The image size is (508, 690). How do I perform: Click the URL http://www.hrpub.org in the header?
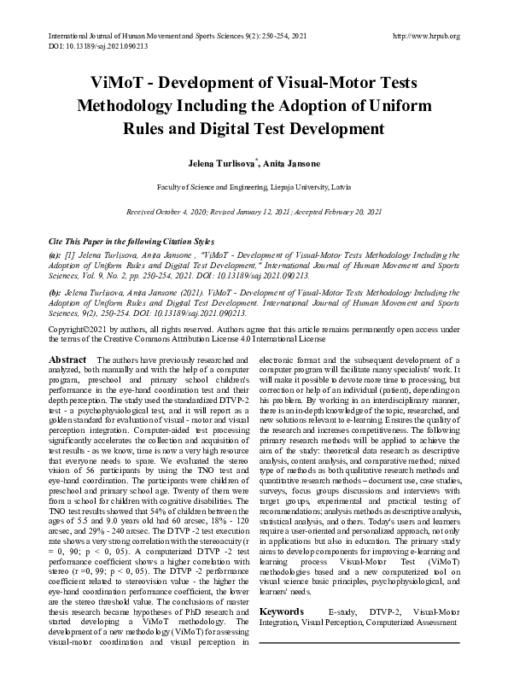click(423, 36)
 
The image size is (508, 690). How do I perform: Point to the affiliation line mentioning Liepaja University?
click(254, 185)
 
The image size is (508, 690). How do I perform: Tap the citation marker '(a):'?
click(55, 254)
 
